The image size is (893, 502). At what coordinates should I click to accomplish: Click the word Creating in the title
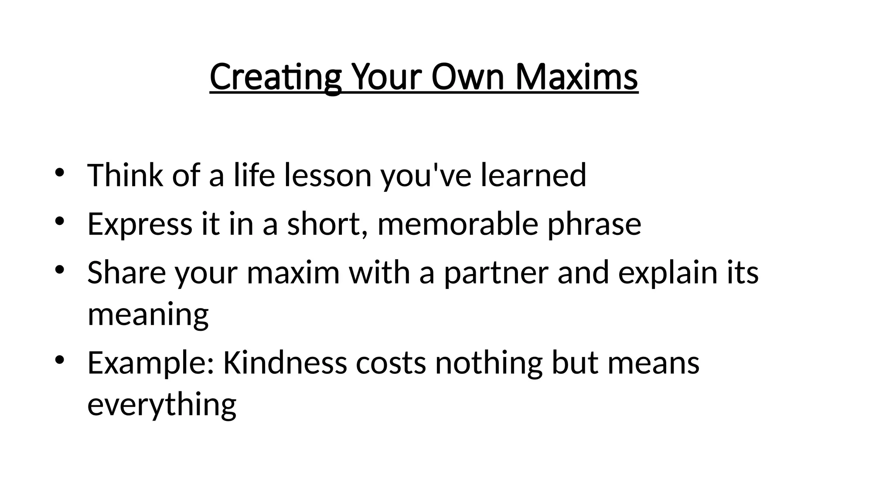coord(275,77)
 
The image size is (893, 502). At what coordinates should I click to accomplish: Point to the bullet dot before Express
coord(60,221)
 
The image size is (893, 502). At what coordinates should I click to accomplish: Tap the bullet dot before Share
coord(60,270)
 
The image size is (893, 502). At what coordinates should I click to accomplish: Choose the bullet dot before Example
coord(60,360)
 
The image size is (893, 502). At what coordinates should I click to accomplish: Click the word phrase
coord(594,225)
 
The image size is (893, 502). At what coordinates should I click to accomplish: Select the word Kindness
coord(285,363)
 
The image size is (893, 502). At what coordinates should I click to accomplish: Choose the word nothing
coord(489,364)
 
